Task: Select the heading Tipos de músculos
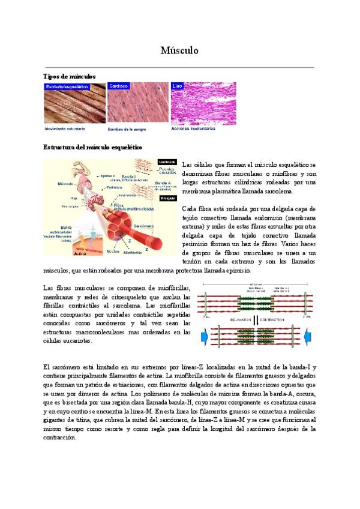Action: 70,76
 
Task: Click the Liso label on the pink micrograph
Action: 177,86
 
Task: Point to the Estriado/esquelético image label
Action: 67,86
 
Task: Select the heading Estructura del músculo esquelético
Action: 93,147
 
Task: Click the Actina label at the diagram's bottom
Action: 63,254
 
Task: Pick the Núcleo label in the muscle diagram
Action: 112,251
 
